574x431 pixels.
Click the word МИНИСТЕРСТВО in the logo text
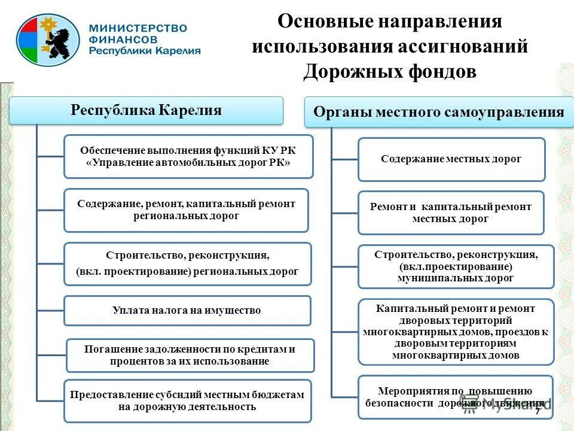[138, 28]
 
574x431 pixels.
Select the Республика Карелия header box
[146, 111]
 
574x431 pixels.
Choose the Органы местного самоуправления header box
[439, 112]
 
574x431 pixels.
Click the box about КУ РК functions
[188, 156]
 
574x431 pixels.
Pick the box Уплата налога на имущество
[187, 311]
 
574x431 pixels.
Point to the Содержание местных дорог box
[451, 159]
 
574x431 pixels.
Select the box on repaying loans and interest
[190, 356]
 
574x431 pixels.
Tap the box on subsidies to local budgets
[187, 401]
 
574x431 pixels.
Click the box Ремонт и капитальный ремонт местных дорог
[451, 213]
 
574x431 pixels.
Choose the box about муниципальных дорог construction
[456, 266]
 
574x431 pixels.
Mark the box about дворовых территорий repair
[456, 332]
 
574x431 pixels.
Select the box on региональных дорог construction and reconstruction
[187, 263]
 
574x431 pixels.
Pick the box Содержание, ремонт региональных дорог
[186, 210]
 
